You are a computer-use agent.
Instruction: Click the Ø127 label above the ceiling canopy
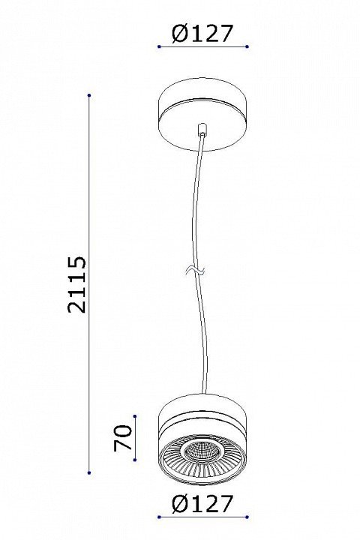[202, 34]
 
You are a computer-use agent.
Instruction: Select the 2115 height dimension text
[76, 284]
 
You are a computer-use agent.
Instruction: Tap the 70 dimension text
[123, 438]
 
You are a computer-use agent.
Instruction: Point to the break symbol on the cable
[195, 271]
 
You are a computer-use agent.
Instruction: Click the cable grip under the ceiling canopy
[202, 130]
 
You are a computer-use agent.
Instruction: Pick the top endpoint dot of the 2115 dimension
[89, 95]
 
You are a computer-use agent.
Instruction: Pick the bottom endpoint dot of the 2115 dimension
[89, 472]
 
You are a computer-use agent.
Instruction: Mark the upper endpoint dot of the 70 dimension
[135, 416]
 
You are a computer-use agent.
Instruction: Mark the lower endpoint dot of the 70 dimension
[135, 460]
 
